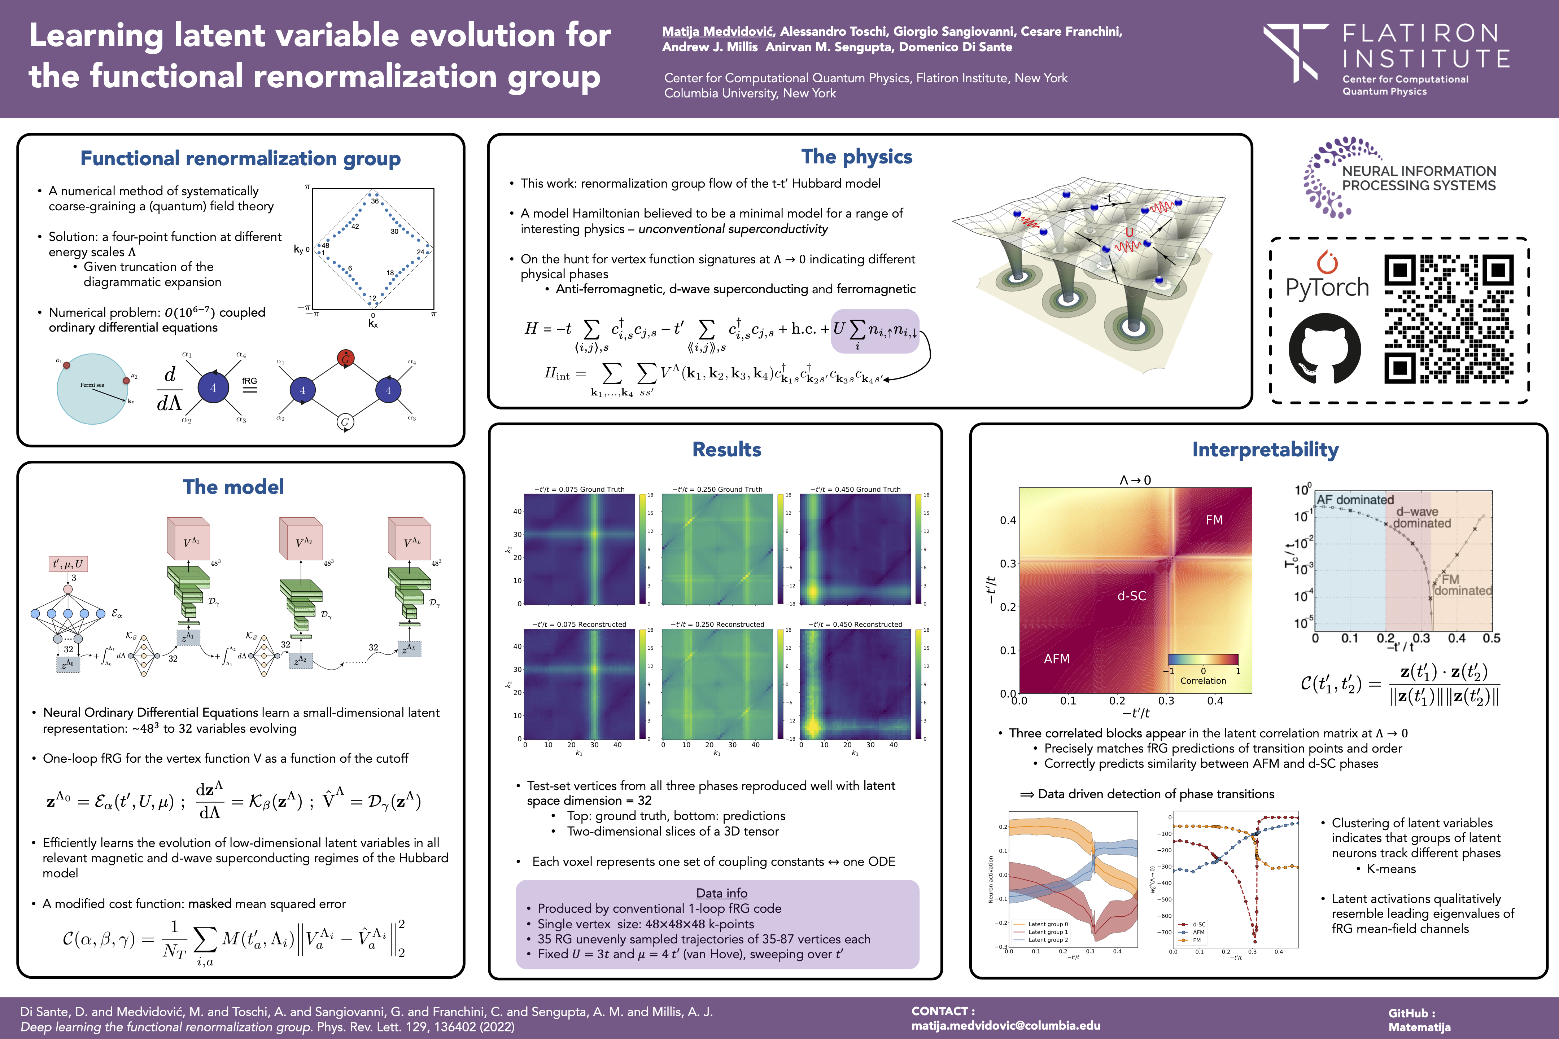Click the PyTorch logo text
point(1327,287)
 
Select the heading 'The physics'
point(856,157)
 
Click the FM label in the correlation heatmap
point(1214,520)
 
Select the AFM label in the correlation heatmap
point(1057,659)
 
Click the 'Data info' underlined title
point(721,893)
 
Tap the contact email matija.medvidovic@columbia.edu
point(1005,1026)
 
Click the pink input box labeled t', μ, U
point(68,564)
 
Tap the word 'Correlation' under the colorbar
point(1203,680)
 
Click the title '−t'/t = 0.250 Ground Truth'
point(717,490)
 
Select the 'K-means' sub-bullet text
point(1390,869)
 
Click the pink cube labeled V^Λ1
point(189,540)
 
